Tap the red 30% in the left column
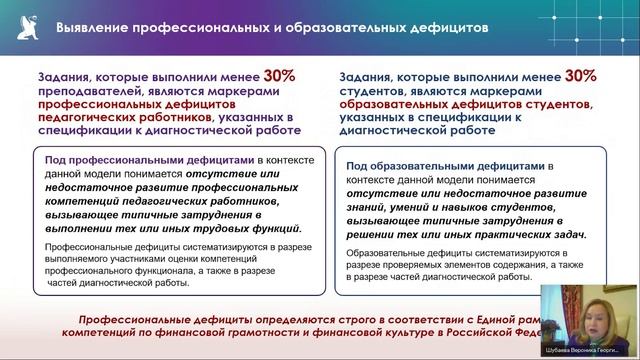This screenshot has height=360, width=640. tap(280, 75)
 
